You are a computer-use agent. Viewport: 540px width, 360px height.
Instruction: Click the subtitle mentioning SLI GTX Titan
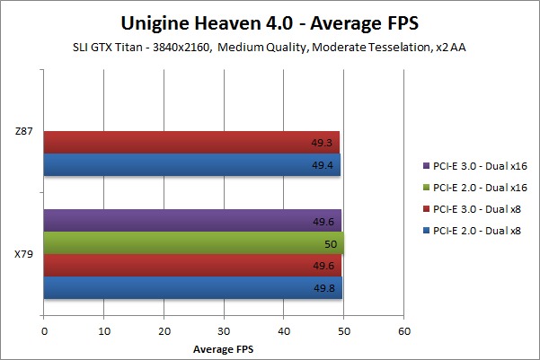270,47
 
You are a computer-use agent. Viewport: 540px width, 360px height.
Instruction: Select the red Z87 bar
190,142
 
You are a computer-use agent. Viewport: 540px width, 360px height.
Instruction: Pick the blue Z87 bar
191,165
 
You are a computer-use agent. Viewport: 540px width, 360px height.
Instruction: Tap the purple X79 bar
192,221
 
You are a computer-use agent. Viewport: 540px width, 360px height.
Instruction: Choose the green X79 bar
193,243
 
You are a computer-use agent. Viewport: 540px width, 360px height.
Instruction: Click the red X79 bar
192,266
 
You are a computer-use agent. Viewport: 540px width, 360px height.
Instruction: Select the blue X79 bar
192,288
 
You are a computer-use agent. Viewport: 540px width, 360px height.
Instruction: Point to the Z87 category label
24,132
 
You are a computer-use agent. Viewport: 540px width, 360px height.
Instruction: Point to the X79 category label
24,255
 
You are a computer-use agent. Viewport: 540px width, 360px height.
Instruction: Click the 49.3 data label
324,142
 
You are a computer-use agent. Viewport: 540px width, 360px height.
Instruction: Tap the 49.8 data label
326,288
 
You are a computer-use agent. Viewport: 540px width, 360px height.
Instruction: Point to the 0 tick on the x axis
44,330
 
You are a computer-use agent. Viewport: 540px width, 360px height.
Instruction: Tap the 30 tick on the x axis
224,330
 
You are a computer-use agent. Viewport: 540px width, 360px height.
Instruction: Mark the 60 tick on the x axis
403,330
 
